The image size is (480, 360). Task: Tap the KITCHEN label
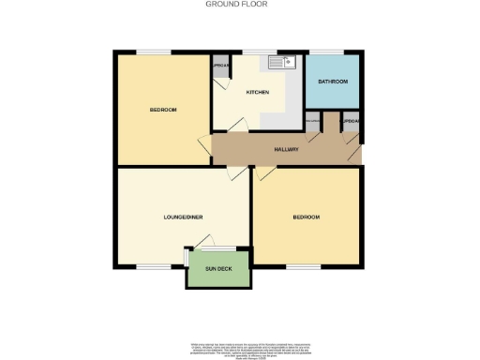tap(258, 93)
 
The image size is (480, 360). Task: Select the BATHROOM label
tap(333, 82)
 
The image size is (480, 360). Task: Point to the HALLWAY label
tap(286, 150)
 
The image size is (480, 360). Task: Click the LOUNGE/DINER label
tap(184, 217)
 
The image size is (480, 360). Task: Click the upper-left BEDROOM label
tap(163, 111)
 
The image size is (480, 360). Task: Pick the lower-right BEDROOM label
tap(307, 217)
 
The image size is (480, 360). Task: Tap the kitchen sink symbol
tap(282, 64)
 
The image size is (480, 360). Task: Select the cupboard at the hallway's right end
tap(351, 123)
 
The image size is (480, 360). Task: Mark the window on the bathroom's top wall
tap(329, 52)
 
